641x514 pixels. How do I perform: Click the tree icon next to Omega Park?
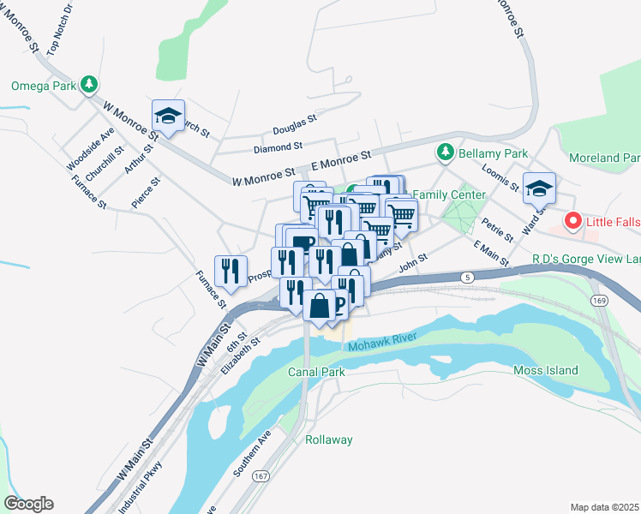click(89, 85)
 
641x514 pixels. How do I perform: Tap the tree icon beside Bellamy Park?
click(445, 152)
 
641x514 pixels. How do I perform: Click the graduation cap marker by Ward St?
click(539, 188)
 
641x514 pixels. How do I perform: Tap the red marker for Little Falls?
click(572, 222)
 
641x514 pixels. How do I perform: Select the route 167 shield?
click(261, 475)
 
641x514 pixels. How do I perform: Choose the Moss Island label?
click(545, 370)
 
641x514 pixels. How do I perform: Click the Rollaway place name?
click(329, 439)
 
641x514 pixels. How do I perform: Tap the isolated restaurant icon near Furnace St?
click(231, 271)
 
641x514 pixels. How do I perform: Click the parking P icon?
click(340, 306)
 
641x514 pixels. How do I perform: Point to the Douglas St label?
click(295, 131)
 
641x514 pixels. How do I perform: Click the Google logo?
click(28, 504)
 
